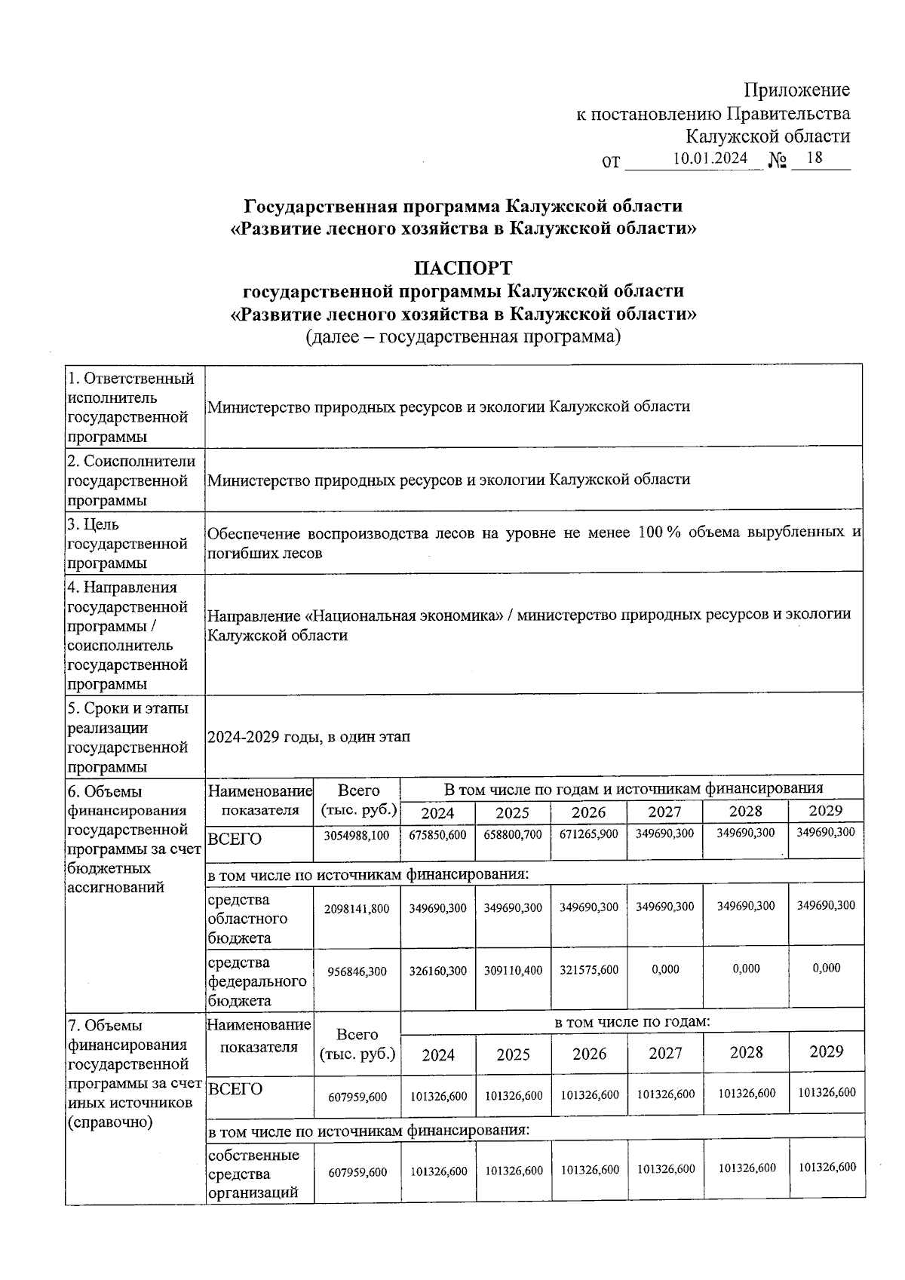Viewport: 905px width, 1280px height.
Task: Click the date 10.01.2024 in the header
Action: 710,158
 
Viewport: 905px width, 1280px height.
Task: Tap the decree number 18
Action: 814,158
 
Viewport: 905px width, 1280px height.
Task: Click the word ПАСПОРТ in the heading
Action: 462,268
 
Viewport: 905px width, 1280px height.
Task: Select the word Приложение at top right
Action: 797,91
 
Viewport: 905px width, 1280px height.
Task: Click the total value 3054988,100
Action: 357,835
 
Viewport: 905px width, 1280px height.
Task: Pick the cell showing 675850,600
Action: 437,835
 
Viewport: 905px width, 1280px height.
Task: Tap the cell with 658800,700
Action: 513,835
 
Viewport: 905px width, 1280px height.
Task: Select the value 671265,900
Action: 588,835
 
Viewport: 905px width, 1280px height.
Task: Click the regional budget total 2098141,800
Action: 357,909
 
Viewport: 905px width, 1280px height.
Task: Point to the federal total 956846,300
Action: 357,972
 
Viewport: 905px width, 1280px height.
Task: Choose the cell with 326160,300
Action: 437,971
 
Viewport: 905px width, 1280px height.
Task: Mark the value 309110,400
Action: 513,971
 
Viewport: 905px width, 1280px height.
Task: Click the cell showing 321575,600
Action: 588,971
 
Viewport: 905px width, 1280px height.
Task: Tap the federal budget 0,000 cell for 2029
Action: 826,968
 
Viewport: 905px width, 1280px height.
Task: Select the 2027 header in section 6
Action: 664,812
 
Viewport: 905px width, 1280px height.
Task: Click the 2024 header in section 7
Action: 437,1054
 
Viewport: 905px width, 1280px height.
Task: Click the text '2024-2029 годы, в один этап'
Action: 308,737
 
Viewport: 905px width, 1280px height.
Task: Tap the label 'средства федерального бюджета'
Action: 257,981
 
